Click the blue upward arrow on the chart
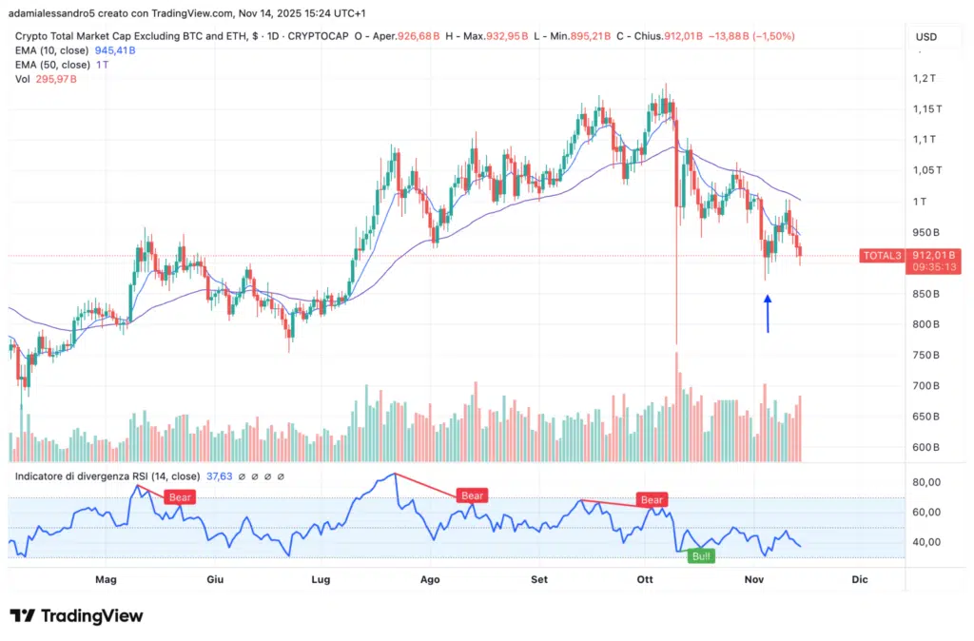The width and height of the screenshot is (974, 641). point(768,314)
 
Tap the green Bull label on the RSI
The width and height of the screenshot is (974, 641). point(701,555)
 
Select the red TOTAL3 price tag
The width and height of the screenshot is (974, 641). point(880,255)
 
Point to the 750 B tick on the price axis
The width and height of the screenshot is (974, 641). point(925,356)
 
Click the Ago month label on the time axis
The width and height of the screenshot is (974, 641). point(430,579)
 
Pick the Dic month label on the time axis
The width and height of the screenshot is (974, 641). point(860,579)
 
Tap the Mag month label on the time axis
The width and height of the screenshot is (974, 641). point(106,579)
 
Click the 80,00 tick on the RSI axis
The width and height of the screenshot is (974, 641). point(925,482)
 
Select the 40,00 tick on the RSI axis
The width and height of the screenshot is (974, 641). point(925,542)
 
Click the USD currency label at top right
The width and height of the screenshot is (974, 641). point(925,37)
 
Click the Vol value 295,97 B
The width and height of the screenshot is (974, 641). point(59,79)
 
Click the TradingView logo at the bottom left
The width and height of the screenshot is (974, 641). point(76,616)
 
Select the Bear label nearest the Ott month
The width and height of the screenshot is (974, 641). point(652,499)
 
